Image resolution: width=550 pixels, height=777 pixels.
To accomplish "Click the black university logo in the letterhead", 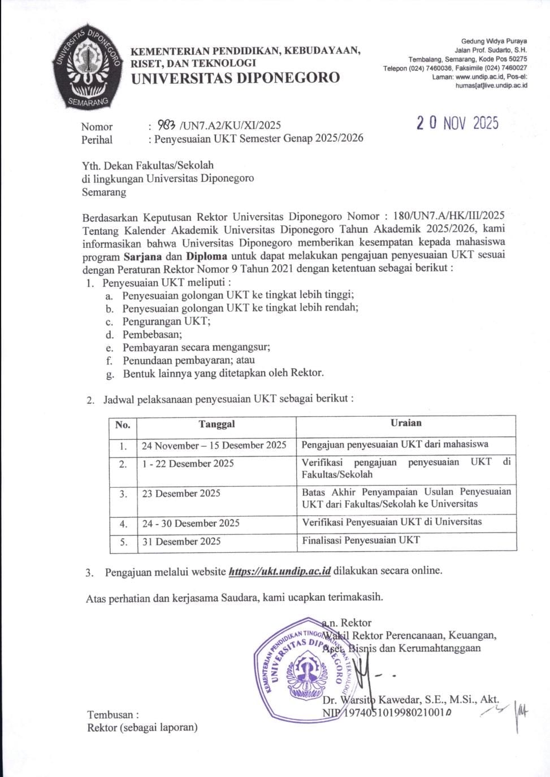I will click(x=87, y=67).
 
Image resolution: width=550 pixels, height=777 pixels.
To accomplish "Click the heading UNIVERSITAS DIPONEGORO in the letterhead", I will click(x=235, y=78).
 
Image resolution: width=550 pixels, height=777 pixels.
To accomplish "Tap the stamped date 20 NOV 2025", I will click(x=457, y=123).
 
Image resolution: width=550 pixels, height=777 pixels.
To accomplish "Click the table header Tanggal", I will click(x=216, y=424).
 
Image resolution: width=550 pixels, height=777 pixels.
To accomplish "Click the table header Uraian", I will click(x=406, y=422).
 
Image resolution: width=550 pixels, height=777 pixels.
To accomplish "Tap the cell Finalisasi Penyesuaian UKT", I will click(x=361, y=540).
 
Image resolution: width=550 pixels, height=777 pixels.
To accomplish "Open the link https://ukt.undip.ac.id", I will click(x=279, y=571).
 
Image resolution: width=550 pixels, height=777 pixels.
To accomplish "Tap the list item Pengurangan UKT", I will click(x=166, y=321).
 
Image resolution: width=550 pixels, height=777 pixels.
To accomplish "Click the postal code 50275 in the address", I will click(x=517, y=59).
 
